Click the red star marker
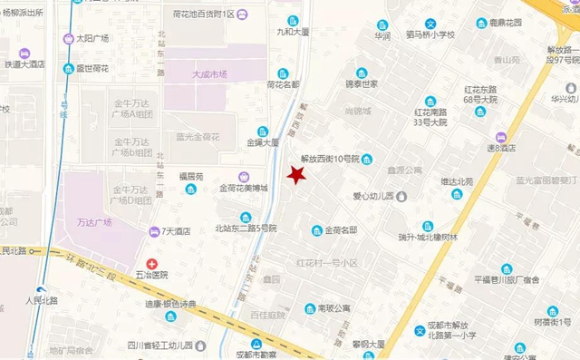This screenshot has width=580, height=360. tap(295, 174)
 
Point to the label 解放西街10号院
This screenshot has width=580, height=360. tap(330, 160)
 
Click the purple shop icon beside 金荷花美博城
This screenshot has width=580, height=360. tap(243, 176)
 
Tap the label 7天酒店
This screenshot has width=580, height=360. tap(175, 231)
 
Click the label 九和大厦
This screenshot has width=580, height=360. tap(293, 32)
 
